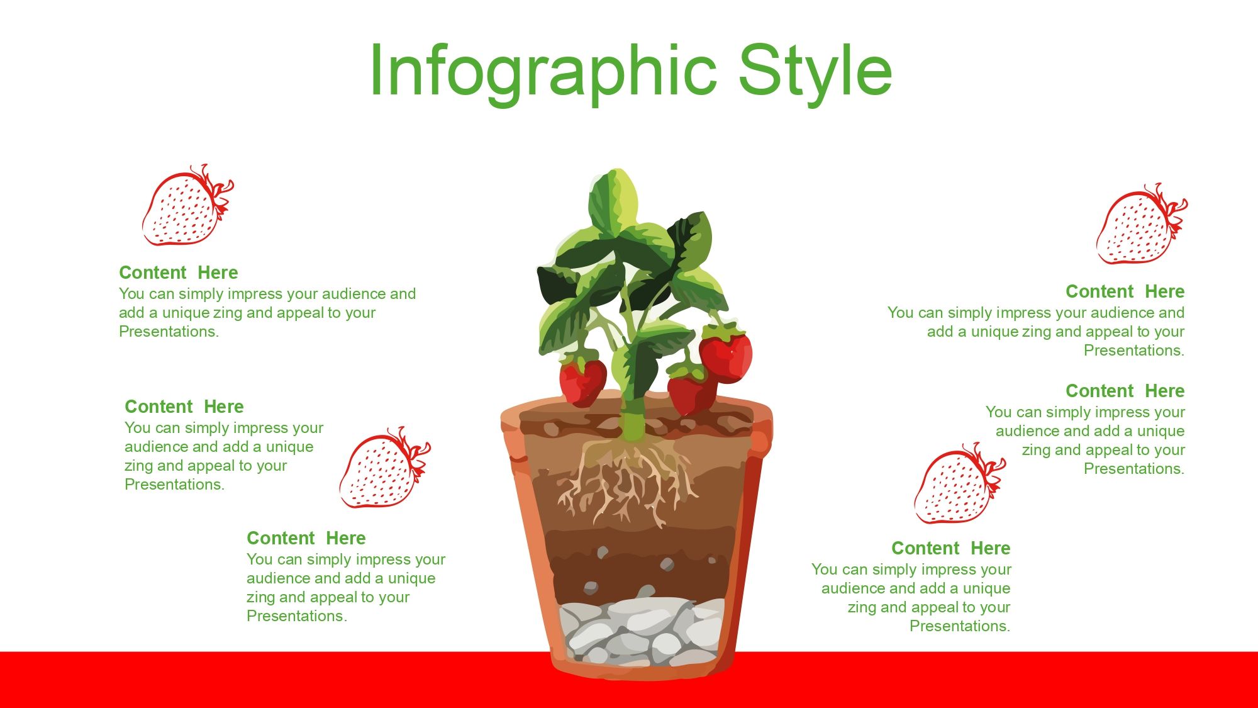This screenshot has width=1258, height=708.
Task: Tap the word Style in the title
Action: pos(815,72)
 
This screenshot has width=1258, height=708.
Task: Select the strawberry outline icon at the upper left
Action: pos(187,205)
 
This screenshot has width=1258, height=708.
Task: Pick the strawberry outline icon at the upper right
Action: pos(1142,224)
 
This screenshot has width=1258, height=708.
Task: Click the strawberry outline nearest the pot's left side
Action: pos(385,467)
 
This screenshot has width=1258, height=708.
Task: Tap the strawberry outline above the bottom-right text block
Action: pos(960,483)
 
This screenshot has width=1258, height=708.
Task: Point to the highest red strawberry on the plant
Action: pos(726,356)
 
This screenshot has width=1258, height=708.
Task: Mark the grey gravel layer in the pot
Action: pos(642,631)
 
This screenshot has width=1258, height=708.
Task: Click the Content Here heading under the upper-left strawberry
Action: pos(179,273)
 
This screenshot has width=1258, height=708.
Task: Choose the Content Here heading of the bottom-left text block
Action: pos(306,538)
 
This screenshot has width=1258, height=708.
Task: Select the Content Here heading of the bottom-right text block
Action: pos(951,548)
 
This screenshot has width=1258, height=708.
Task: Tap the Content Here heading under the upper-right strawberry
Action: pos(1125,291)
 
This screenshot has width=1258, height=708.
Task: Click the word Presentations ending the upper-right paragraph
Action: pos(1134,351)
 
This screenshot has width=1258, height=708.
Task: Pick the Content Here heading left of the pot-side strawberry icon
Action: pos(184,407)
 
